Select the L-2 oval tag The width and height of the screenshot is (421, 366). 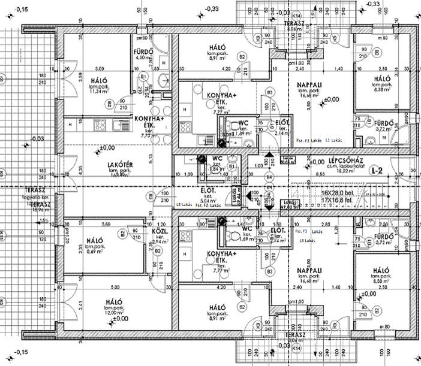(377, 170)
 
